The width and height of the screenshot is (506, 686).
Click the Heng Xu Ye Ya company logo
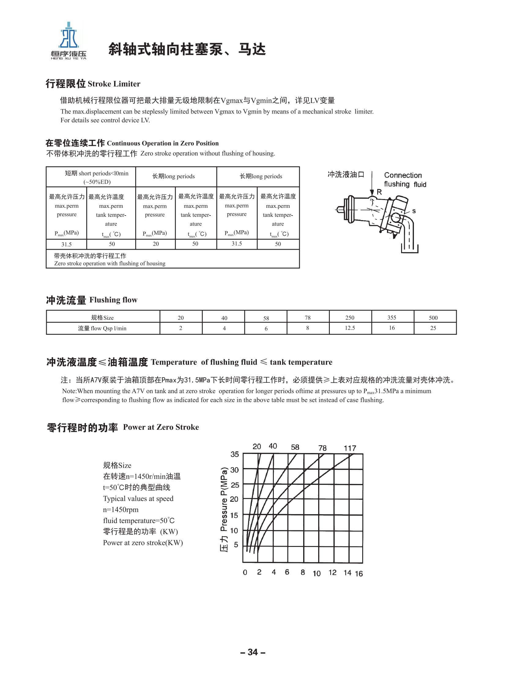click(x=69, y=40)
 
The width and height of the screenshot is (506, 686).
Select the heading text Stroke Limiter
click(x=113, y=84)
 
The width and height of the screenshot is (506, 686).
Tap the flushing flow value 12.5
click(x=350, y=328)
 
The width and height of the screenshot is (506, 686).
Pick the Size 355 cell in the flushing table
click(x=392, y=317)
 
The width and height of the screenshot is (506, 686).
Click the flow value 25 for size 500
click(x=433, y=328)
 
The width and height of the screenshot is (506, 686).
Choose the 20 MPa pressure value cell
click(x=156, y=244)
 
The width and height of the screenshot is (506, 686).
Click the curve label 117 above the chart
click(x=350, y=448)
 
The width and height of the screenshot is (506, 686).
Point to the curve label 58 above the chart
click(x=295, y=447)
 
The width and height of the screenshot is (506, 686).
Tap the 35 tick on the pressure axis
click(x=235, y=454)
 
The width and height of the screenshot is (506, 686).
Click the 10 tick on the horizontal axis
click(x=317, y=574)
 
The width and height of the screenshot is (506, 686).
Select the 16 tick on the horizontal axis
click(x=359, y=574)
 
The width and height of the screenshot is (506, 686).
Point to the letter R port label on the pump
click(x=379, y=192)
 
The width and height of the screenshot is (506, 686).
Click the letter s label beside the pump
click(x=414, y=211)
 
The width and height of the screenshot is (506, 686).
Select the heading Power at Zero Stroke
click(x=161, y=427)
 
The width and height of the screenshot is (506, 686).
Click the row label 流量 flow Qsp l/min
click(x=102, y=328)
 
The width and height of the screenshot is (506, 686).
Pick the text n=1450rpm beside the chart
click(x=121, y=510)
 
